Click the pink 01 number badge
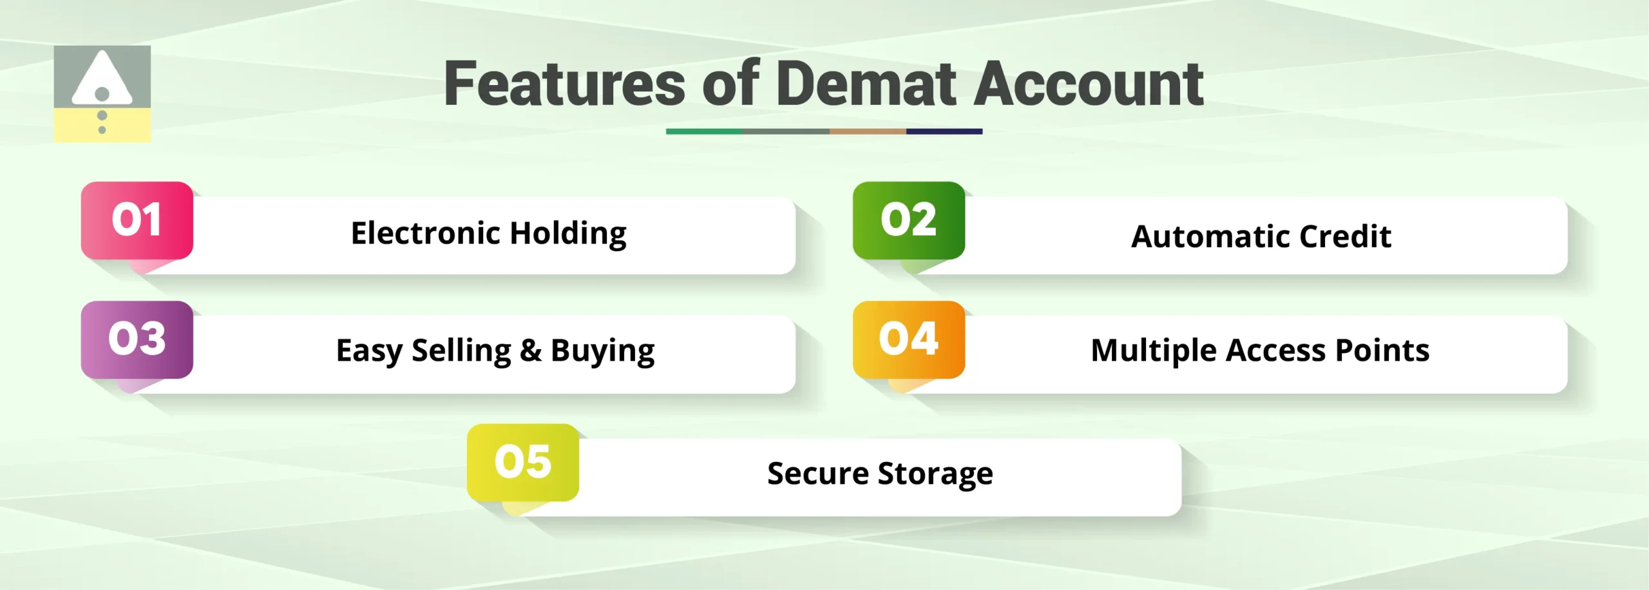coord(137,220)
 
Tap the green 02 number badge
coord(908,220)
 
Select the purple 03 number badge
coord(137,339)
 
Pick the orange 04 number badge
coord(908,339)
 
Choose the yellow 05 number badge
coord(522,462)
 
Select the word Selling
coord(461,352)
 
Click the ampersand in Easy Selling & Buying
coord(531,351)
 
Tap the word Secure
coord(817,474)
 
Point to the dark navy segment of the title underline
coord(944,131)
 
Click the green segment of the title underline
coord(703,131)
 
